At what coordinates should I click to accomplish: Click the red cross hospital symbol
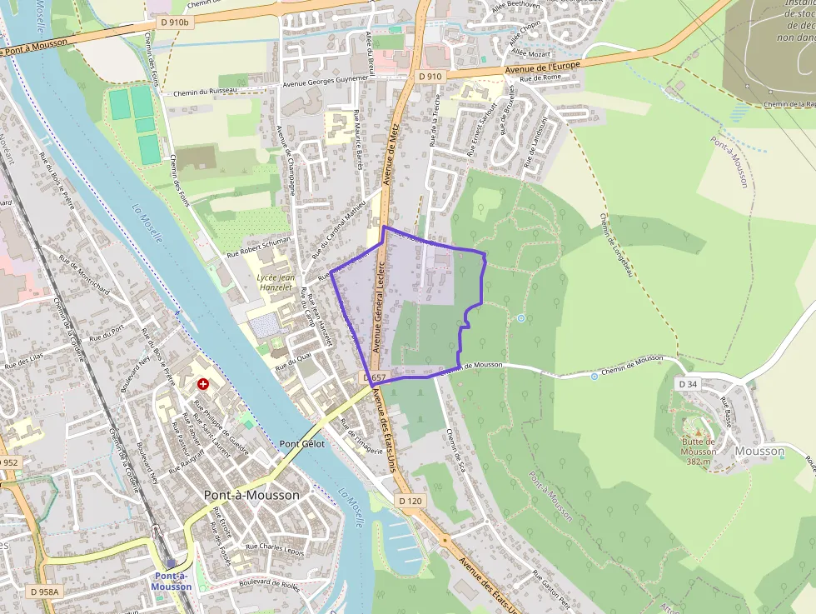203,384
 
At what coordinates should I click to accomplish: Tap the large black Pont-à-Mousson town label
251,495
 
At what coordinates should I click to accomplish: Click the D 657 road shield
376,377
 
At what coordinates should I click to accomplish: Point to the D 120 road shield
411,501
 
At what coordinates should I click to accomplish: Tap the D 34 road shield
687,384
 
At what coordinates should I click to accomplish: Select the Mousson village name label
760,451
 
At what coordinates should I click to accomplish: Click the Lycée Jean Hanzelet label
275,282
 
